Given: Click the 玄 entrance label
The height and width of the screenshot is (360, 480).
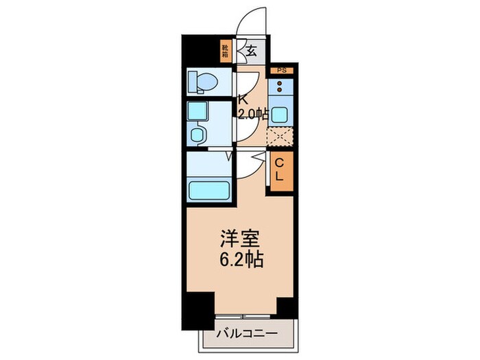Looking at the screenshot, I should click(252, 50).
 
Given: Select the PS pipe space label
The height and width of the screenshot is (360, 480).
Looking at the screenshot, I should click(281, 71).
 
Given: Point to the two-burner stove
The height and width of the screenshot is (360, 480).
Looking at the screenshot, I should click(281, 88).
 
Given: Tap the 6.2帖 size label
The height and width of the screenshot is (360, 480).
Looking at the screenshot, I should click(239, 261).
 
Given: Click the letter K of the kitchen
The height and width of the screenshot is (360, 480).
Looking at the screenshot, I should click(243, 98).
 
